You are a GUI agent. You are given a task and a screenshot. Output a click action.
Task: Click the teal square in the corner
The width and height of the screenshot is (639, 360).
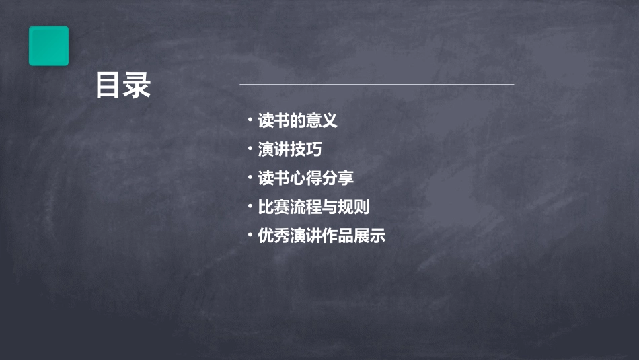48,46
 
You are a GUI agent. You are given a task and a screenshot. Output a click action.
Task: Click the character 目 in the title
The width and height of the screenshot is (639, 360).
108,86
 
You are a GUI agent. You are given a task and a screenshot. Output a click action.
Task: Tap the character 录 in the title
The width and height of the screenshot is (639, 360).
137,86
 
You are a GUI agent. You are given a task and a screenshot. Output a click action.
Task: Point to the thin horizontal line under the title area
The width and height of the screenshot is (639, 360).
377,85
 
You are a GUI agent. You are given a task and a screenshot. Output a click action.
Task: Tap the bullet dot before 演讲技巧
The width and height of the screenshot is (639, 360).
250,149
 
